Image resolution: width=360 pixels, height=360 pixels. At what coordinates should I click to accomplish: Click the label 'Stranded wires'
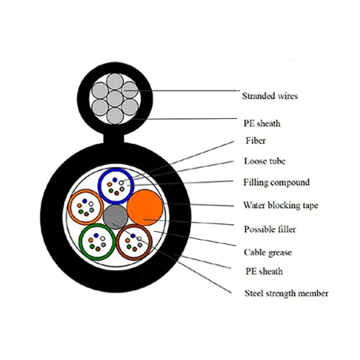click(x=270, y=96)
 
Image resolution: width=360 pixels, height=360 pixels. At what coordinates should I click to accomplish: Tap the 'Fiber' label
click(x=256, y=140)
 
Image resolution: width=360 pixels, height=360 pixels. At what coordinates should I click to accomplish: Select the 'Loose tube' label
click(x=265, y=161)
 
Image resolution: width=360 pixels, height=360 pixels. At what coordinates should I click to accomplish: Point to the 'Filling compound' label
click(x=276, y=182)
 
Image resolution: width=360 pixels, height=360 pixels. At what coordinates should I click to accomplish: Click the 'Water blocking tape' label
click(x=281, y=205)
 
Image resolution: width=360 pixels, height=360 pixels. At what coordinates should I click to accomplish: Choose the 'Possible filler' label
click(x=270, y=229)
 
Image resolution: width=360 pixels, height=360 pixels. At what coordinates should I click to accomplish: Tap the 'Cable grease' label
click(x=268, y=253)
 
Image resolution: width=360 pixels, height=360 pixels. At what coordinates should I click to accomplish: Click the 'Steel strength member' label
click(x=287, y=293)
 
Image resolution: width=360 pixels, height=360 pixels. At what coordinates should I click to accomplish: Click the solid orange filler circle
click(x=145, y=208)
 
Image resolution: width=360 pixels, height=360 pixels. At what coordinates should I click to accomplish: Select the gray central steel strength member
click(x=115, y=217)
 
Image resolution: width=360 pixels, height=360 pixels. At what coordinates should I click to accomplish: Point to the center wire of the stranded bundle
click(x=115, y=99)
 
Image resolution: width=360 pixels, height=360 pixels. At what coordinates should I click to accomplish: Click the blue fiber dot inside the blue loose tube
click(x=115, y=180)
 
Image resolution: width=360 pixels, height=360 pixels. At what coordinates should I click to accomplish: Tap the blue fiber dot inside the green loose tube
click(x=96, y=235)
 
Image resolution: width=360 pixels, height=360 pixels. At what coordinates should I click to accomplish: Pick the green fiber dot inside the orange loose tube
click(x=81, y=212)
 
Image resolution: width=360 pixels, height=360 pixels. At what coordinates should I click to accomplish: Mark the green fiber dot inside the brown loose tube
click(x=129, y=247)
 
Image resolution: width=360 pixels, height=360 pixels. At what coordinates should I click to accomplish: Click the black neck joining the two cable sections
click(x=114, y=139)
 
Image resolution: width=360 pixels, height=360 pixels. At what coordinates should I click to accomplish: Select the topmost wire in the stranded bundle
click(x=115, y=82)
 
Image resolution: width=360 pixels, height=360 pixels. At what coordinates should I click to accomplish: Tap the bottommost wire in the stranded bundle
click(x=115, y=116)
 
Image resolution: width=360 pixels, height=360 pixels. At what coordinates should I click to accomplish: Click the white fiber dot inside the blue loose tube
click(x=121, y=183)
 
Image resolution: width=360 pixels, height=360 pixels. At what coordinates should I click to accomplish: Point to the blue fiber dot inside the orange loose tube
click(x=84, y=200)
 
